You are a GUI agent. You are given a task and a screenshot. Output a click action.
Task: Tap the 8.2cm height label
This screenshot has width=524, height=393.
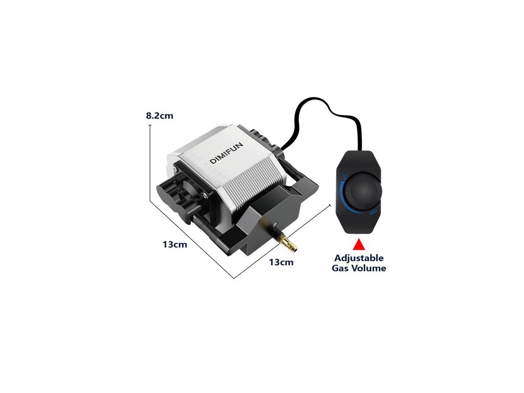tap(160, 116)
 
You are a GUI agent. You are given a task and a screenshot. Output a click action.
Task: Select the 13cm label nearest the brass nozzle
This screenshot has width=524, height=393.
tap(281, 262)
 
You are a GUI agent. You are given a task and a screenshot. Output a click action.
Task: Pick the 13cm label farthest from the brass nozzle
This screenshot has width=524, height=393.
tap(175, 244)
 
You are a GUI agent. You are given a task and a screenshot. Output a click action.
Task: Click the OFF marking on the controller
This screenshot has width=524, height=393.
tap(374, 211)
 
